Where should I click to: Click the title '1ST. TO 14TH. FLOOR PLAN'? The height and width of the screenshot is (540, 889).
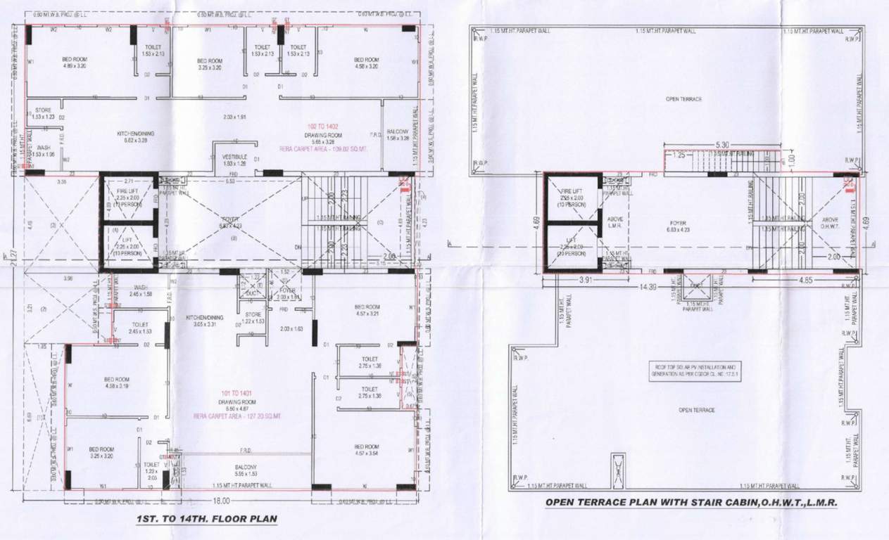pos(206,520)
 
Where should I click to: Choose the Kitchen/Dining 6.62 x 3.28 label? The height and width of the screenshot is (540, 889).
pos(135,136)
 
